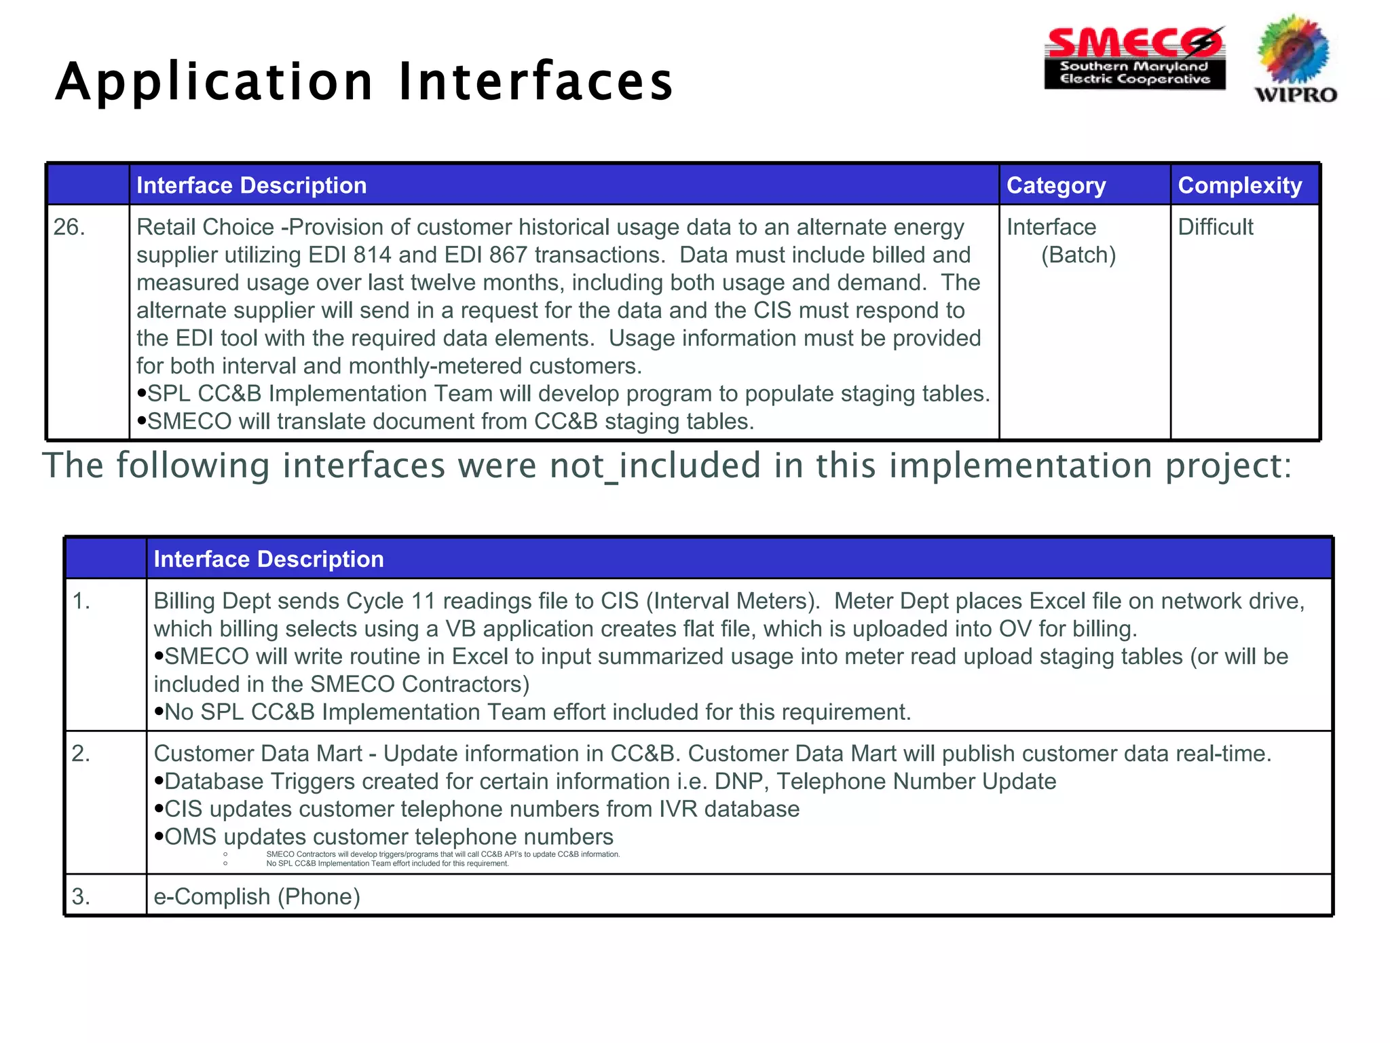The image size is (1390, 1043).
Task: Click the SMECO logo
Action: pyautogui.click(x=1135, y=58)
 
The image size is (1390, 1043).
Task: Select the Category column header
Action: pyautogui.click(x=1055, y=185)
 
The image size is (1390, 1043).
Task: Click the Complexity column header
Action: pyautogui.click(x=1239, y=185)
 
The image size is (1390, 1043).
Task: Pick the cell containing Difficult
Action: pyautogui.click(x=1215, y=227)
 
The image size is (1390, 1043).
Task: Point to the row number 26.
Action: pyautogui.click(x=69, y=227)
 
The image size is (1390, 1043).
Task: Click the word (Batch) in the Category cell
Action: pyautogui.click(x=1078, y=255)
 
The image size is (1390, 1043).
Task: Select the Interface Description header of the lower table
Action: pyautogui.click(x=269, y=559)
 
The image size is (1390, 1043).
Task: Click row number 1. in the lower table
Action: pyautogui.click(x=81, y=601)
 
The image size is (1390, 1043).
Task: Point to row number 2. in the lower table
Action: pyautogui.click(x=81, y=754)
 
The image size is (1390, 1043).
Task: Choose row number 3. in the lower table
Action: pyautogui.click(x=81, y=896)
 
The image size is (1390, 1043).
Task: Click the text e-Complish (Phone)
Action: pyautogui.click(x=257, y=896)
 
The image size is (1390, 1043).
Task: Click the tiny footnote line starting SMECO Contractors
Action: pyautogui.click(x=443, y=854)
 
